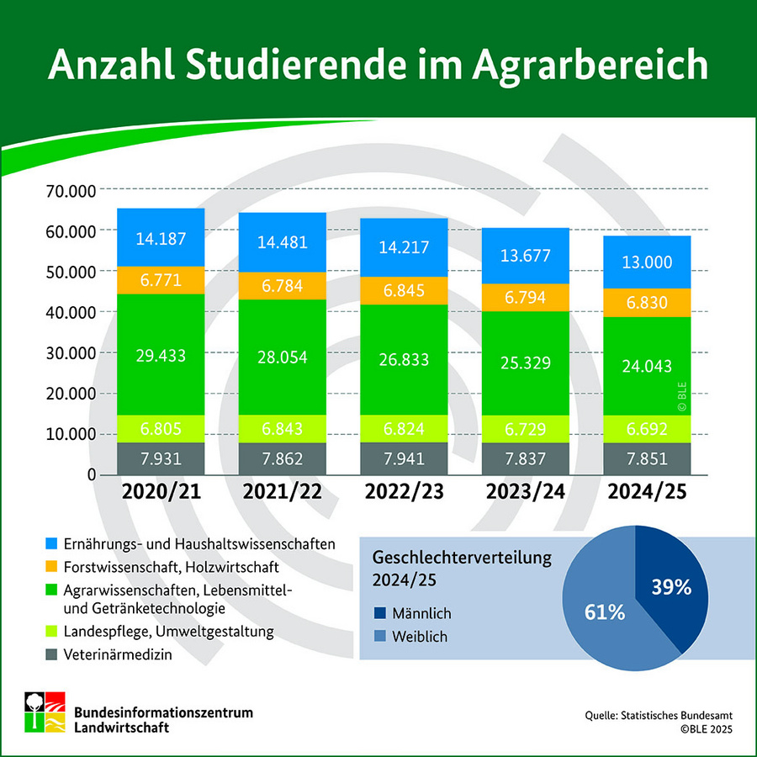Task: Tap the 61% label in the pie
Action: coord(604,612)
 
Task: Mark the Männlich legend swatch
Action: coord(379,613)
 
